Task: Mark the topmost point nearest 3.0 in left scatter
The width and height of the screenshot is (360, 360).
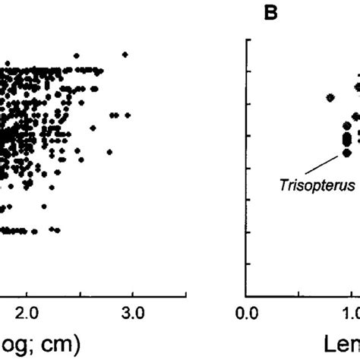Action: point(125,54)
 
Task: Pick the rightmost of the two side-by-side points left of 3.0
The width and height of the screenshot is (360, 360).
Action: point(118,115)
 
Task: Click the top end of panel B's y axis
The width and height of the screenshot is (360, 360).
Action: point(246,39)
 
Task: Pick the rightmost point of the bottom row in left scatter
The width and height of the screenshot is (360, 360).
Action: point(58,229)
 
